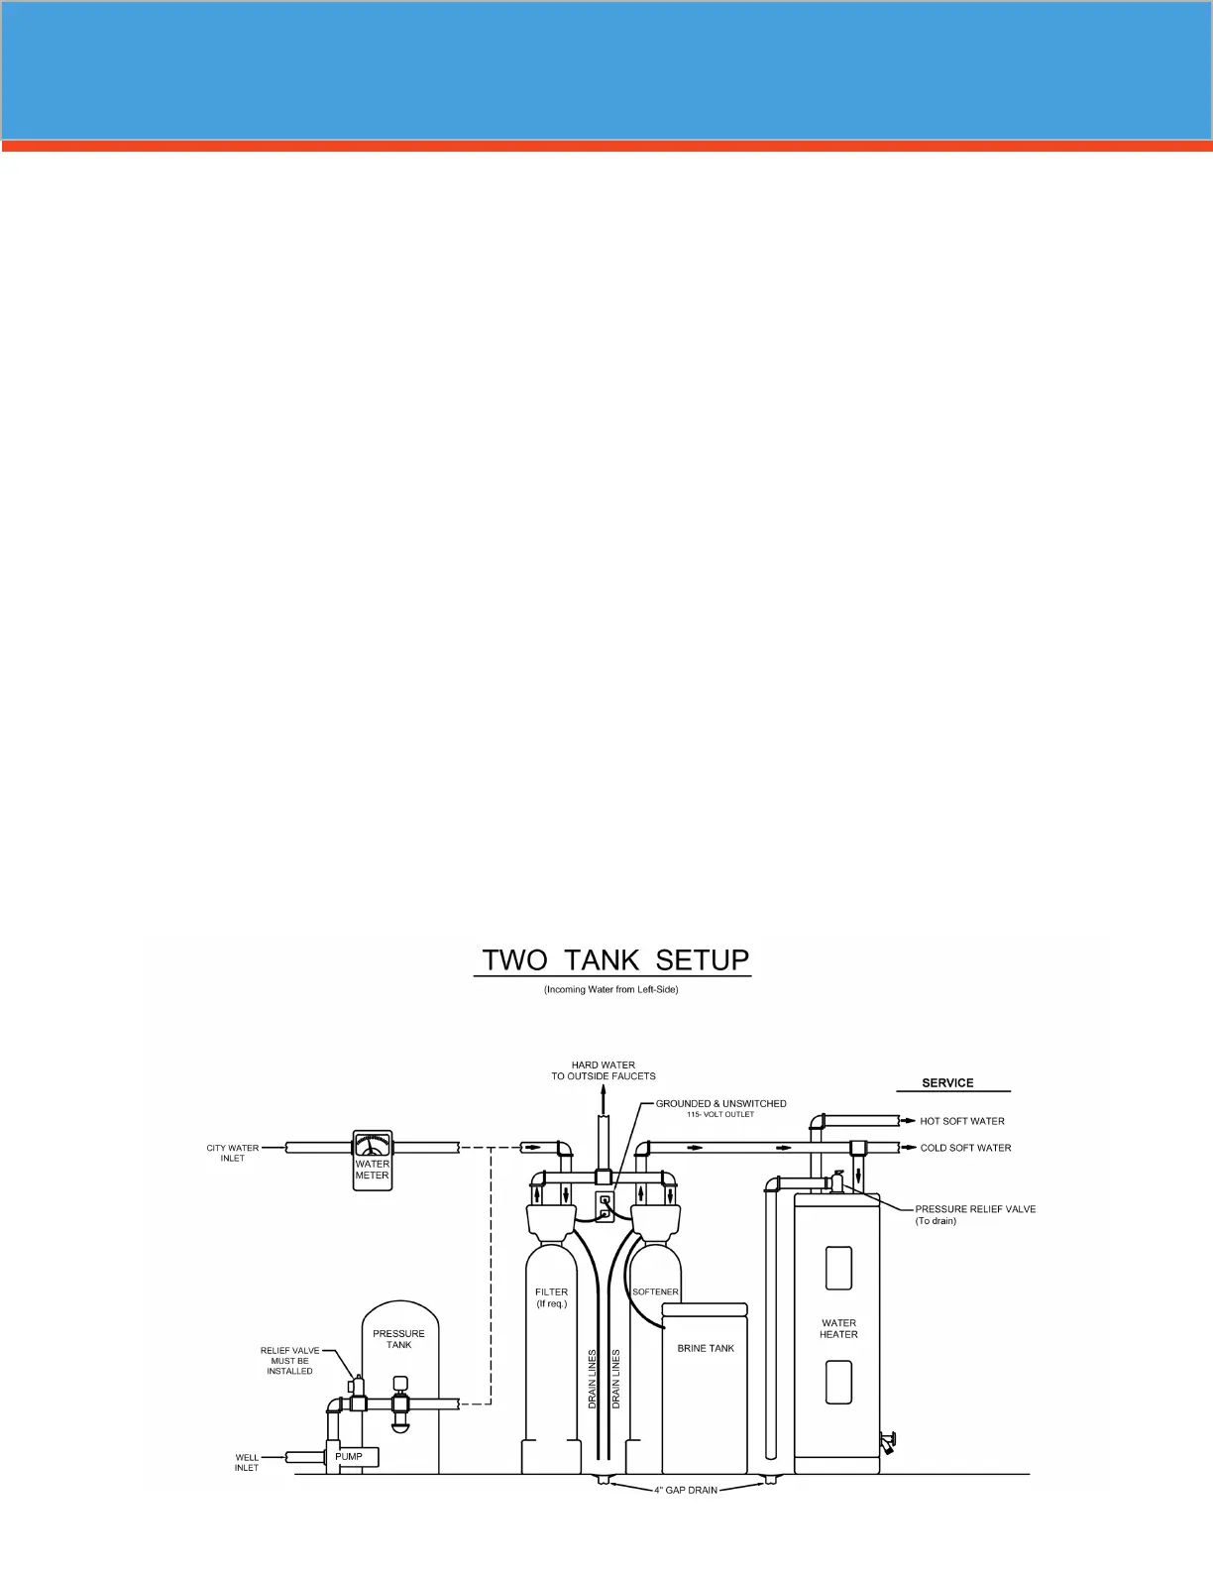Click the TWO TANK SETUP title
pyautogui.click(x=614, y=959)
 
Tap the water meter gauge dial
pyautogui.click(x=373, y=1145)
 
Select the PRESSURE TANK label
pyautogui.click(x=398, y=1339)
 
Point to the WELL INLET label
pyautogui.click(x=247, y=1463)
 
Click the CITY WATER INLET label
pyautogui.click(x=233, y=1153)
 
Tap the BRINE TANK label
pyautogui.click(x=706, y=1348)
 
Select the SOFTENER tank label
pyautogui.click(x=655, y=1291)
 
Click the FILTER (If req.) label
pyautogui.click(x=552, y=1297)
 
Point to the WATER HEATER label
pyautogui.click(x=838, y=1328)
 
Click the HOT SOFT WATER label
pyautogui.click(x=962, y=1121)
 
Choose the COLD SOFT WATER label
pyautogui.click(x=965, y=1148)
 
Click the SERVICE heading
pyautogui.click(x=947, y=1083)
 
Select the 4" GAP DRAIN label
pyautogui.click(x=686, y=1490)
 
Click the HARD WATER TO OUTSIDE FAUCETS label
pyautogui.click(x=604, y=1070)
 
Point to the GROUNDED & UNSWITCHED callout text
pyautogui.click(x=720, y=1104)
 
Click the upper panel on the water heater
pyautogui.click(x=838, y=1268)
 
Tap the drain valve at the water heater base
pyautogui.click(x=889, y=1440)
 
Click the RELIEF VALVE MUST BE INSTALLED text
pyautogui.click(x=289, y=1361)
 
